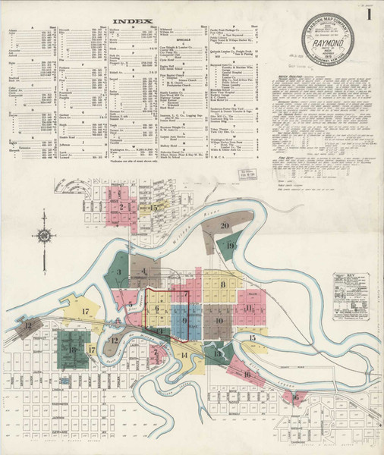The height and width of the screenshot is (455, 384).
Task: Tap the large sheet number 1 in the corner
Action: [x=369, y=14]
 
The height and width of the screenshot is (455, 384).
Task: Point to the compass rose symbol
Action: [x=44, y=236]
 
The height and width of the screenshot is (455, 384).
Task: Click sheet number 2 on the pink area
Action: [x=121, y=206]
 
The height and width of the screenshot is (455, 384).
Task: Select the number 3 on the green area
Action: [x=118, y=272]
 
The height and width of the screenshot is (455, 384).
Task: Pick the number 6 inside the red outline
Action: [x=156, y=309]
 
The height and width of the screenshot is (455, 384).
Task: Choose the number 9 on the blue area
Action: [x=184, y=321]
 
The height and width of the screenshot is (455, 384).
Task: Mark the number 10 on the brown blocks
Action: [x=219, y=321]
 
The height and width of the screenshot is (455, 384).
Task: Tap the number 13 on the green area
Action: [x=219, y=353]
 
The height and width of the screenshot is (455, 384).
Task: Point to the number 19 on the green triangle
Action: [x=230, y=246]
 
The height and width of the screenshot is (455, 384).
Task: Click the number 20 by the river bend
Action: [x=225, y=225]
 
